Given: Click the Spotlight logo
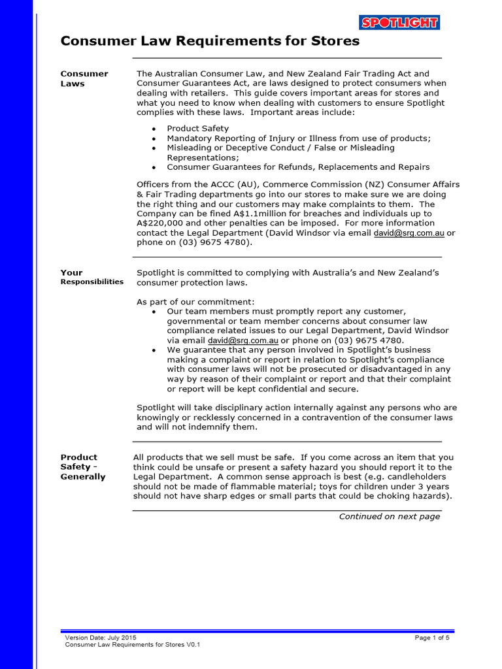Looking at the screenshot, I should tap(399, 23).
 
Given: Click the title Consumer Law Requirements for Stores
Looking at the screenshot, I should tap(210, 41).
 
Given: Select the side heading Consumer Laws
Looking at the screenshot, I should tap(84, 78).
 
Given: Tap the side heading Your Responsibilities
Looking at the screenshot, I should tap(92, 277).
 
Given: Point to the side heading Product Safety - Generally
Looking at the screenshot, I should tap(83, 467).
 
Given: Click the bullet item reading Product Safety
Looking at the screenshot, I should tap(197, 129).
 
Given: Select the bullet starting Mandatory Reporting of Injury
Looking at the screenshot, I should tap(299, 139).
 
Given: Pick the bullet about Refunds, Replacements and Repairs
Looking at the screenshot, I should tap(298, 167).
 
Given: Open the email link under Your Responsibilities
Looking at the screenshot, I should tap(243, 340).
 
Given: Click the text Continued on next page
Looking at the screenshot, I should tap(389, 517).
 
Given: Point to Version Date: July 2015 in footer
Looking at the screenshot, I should tap(101, 637).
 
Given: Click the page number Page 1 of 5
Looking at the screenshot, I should tap(432, 637).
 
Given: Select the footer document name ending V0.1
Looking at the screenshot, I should tap(132, 645).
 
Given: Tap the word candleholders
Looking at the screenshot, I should tap(418, 477).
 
